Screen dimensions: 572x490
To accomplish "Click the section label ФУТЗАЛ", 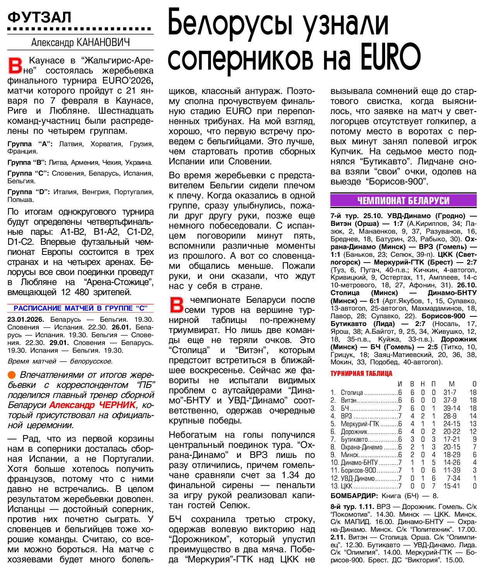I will [x=39, y=17].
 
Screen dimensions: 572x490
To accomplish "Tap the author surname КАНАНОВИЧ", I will [x=103, y=42].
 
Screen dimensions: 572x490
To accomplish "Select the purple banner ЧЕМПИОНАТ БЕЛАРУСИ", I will [x=403, y=200].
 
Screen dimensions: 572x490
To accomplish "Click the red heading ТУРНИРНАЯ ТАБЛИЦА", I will [x=361, y=373].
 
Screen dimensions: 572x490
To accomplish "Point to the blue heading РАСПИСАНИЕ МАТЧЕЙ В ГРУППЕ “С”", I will [x=81, y=308].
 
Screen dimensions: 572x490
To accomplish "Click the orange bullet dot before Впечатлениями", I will [x=12, y=375].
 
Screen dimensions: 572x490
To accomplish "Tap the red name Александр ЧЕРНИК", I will [x=93, y=405].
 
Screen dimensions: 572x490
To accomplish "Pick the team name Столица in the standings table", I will [x=351, y=393].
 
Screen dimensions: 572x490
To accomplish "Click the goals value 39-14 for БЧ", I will [x=452, y=408].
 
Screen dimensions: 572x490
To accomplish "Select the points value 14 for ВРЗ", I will [x=473, y=416].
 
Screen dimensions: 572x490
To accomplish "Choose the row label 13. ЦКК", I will [x=341, y=486].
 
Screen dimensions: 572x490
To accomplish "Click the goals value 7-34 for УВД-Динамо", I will [x=453, y=478].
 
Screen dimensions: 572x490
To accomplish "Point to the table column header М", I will [x=451, y=384].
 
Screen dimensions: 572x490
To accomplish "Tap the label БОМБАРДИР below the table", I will [x=354, y=496].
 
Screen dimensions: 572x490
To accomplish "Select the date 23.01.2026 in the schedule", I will [x=26, y=319].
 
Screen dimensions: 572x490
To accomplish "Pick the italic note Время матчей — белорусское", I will [x=60, y=361].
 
